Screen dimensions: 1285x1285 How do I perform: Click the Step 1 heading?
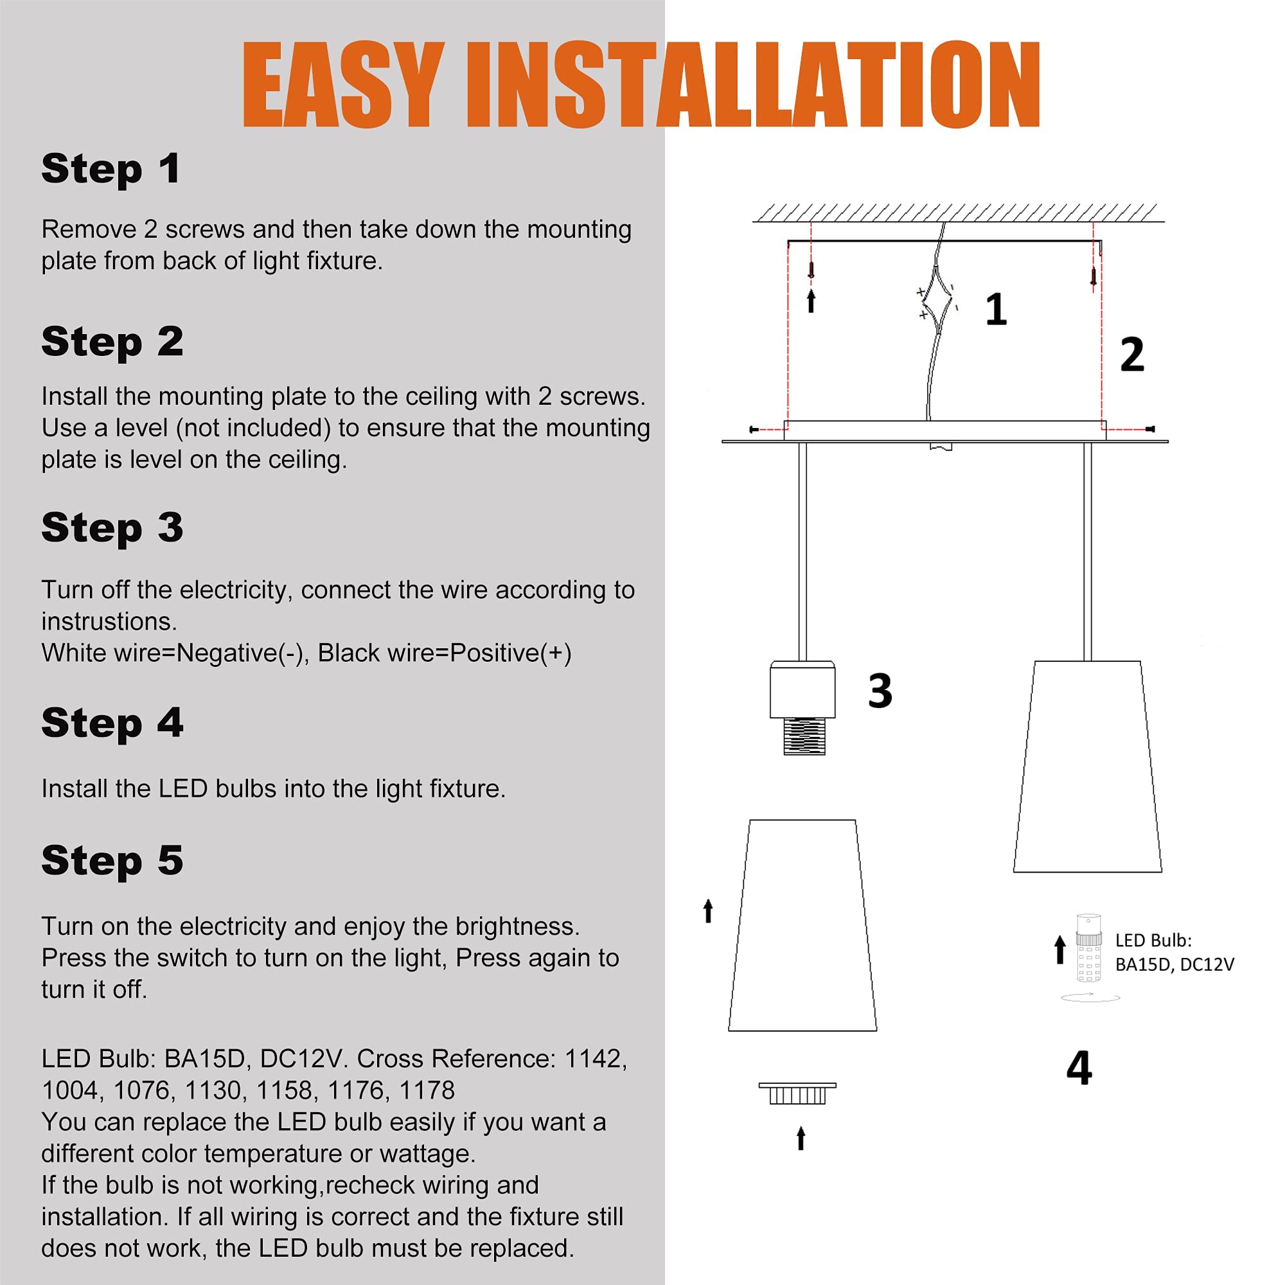(111, 169)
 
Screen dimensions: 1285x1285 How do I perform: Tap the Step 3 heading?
(112, 528)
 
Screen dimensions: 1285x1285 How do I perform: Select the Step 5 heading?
(112, 861)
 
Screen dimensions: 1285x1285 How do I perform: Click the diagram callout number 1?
(996, 309)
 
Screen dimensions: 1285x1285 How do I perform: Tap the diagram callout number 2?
(1132, 355)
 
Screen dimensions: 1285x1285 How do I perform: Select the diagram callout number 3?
(880, 691)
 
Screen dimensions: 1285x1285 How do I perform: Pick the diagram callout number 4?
(1079, 1068)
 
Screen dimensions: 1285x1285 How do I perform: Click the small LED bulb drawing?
(1089, 948)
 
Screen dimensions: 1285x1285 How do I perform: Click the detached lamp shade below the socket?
(802, 926)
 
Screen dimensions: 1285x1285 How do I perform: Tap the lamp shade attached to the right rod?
(1088, 767)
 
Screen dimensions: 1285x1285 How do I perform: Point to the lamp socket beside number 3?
(802, 707)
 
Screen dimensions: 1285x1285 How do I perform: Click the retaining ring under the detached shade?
(797, 1094)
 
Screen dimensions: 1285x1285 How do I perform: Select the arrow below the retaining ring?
(801, 1138)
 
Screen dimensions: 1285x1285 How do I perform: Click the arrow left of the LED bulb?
(1060, 949)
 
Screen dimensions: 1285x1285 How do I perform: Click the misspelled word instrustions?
(109, 621)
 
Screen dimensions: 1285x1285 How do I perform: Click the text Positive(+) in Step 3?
(511, 653)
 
